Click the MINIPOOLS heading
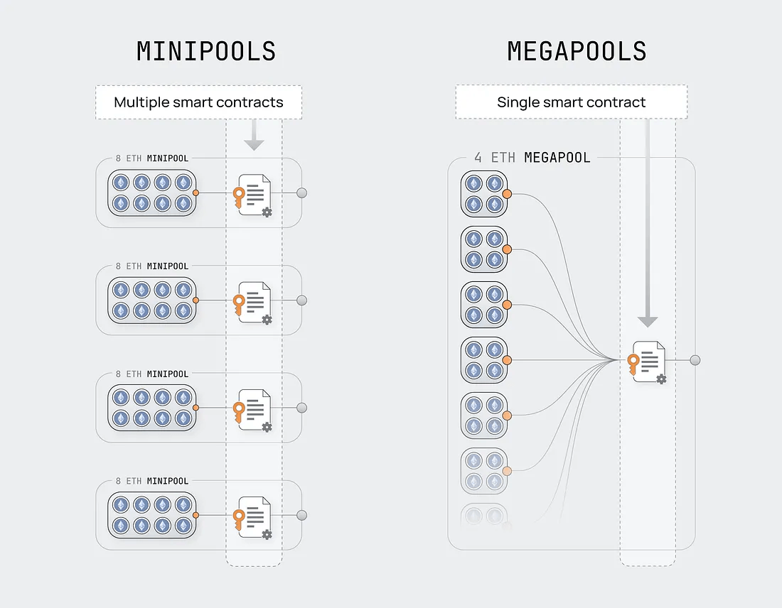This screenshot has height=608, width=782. pyautogui.click(x=206, y=51)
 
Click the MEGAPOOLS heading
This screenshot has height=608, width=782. pyautogui.click(x=577, y=51)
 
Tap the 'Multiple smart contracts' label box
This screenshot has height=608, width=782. pyautogui.click(x=198, y=102)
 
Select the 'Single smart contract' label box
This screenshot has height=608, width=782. pyautogui.click(x=571, y=102)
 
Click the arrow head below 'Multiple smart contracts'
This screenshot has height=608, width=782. pyautogui.click(x=254, y=144)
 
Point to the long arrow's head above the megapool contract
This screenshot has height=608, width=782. pyautogui.click(x=648, y=322)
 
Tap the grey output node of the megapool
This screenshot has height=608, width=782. pyautogui.click(x=695, y=360)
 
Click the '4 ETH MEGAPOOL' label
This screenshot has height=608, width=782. pyautogui.click(x=532, y=158)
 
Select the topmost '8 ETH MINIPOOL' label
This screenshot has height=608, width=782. pyautogui.click(x=152, y=158)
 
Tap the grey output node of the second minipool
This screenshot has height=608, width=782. pyautogui.click(x=301, y=300)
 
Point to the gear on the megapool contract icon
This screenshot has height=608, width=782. pyautogui.click(x=661, y=379)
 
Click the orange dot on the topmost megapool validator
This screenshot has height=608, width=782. pyautogui.click(x=507, y=194)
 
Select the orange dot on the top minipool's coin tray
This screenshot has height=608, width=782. pyautogui.click(x=195, y=193)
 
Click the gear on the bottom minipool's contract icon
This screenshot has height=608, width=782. pyautogui.click(x=267, y=535)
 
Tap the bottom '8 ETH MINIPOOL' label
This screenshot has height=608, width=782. pyautogui.click(x=152, y=482)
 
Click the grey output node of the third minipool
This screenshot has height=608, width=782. pyautogui.click(x=301, y=408)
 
